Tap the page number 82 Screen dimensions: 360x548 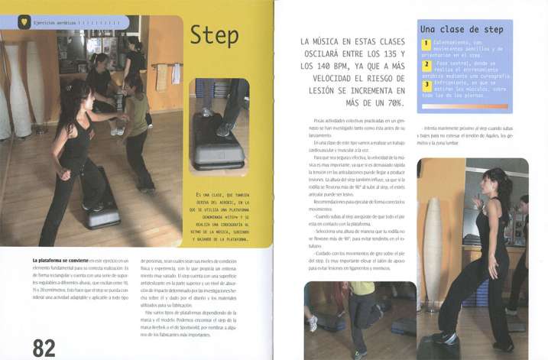(43, 347)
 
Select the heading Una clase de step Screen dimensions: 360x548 (461, 29)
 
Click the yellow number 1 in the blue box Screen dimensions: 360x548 (426, 45)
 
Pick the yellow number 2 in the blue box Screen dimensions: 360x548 (426, 66)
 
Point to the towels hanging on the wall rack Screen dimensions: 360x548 (161, 73)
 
